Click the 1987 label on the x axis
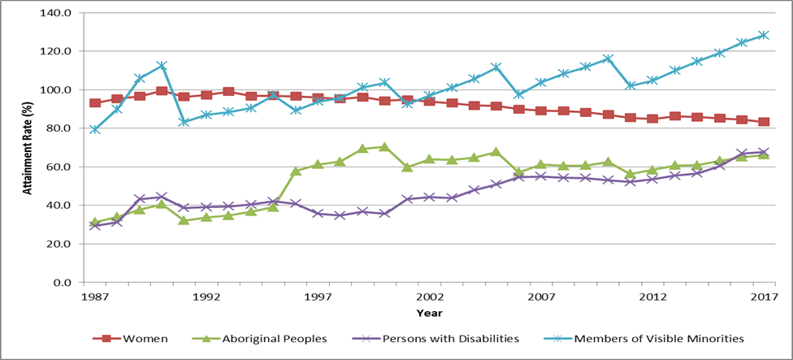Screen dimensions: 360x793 (95, 297)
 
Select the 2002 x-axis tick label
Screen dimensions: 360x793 (428, 297)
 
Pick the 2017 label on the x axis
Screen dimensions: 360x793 (763, 297)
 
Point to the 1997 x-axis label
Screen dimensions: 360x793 (318, 297)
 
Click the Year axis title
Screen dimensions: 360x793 (429, 312)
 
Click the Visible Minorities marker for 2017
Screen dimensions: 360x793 (763, 35)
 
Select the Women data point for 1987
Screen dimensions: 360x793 (95, 103)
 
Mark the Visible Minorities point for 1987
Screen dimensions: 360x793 (95, 129)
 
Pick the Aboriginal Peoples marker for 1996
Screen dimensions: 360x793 (296, 171)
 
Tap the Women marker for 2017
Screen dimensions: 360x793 (763, 122)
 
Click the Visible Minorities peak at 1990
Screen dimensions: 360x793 (162, 65)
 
